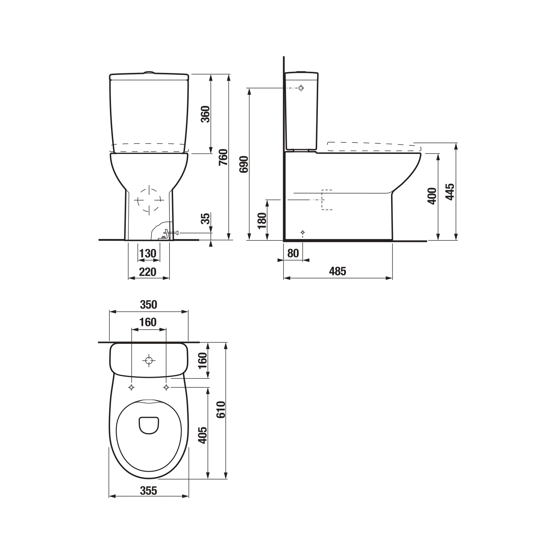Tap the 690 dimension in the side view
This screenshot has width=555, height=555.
click(x=243, y=164)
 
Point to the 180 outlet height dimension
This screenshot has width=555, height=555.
click(x=262, y=221)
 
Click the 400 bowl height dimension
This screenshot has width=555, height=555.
click(x=432, y=196)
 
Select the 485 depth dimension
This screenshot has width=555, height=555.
click(x=337, y=271)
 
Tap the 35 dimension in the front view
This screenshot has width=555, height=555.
click(x=206, y=219)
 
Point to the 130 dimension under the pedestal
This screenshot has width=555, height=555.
click(x=148, y=253)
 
